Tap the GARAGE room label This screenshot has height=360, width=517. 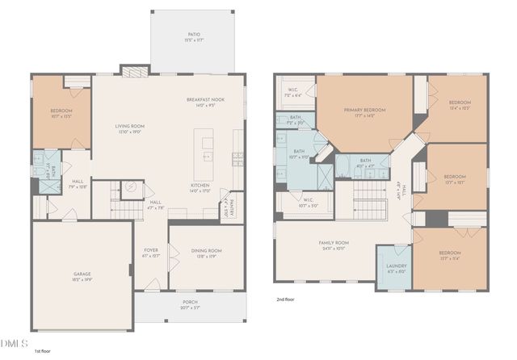click(x=82, y=274)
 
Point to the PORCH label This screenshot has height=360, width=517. click(x=190, y=303)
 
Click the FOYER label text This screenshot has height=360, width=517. click(x=151, y=251)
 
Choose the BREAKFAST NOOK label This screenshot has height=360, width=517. click(x=206, y=99)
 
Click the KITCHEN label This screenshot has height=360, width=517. click(x=200, y=185)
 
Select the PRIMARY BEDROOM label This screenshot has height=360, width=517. click(x=364, y=110)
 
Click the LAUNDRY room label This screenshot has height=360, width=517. click(x=396, y=266)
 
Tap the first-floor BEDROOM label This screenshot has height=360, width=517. click(x=61, y=111)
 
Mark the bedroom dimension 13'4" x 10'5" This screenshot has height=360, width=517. click(x=460, y=107)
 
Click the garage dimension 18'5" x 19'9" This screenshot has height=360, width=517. click(x=82, y=278)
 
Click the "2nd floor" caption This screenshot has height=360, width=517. click(x=285, y=298)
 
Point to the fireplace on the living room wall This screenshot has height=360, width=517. click(x=131, y=70)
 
